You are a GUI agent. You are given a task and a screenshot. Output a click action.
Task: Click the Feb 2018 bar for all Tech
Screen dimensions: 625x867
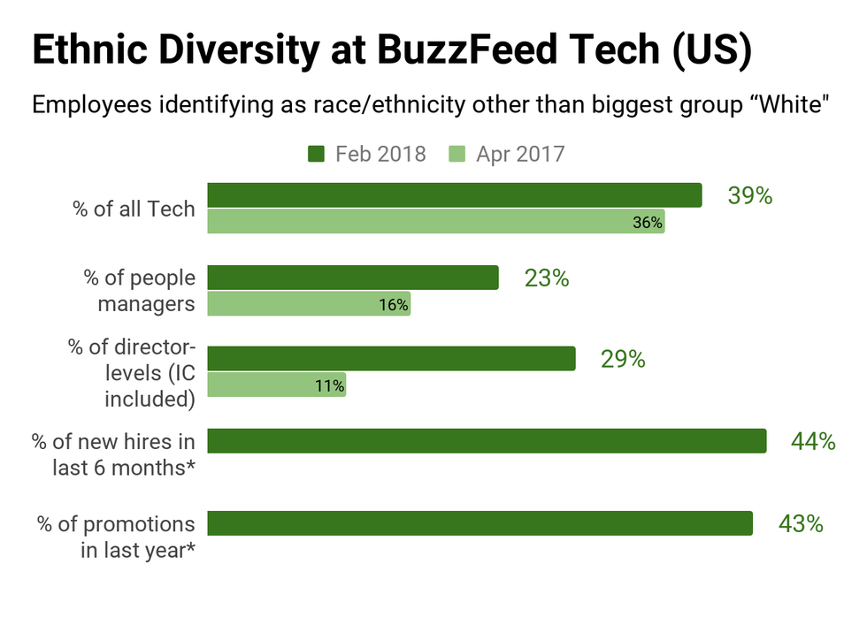(454, 195)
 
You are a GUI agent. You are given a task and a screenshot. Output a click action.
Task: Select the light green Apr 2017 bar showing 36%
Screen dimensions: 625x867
(435, 222)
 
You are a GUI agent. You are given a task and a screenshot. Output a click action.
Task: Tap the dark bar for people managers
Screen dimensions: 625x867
(353, 278)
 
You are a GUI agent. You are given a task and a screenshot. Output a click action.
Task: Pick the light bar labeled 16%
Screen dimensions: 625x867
(309, 304)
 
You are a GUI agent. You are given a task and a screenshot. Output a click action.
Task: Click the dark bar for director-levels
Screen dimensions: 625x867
(391, 359)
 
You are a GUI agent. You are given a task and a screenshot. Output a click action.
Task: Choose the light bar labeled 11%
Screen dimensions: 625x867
(276, 385)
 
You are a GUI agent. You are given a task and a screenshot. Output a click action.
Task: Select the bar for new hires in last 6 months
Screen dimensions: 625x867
(487, 441)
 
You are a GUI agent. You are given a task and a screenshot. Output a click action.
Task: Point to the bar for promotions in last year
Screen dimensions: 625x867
(480, 523)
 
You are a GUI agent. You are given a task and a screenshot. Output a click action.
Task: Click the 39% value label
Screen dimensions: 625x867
(749, 196)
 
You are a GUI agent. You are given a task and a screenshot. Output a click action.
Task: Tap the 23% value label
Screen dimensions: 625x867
(546, 278)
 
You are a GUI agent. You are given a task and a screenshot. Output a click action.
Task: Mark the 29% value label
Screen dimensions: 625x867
(623, 360)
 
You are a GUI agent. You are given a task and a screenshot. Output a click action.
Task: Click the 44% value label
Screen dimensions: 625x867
(813, 441)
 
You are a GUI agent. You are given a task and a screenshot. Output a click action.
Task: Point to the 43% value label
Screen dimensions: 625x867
(801, 523)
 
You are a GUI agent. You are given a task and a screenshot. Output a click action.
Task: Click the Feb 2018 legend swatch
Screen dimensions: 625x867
(316, 155)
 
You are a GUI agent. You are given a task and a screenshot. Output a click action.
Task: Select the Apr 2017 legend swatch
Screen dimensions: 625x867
(457, 155)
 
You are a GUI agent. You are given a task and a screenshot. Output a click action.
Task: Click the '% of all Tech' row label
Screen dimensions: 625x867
(134, 210)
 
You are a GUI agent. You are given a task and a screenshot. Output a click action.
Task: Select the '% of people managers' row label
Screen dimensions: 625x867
(140, 291)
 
